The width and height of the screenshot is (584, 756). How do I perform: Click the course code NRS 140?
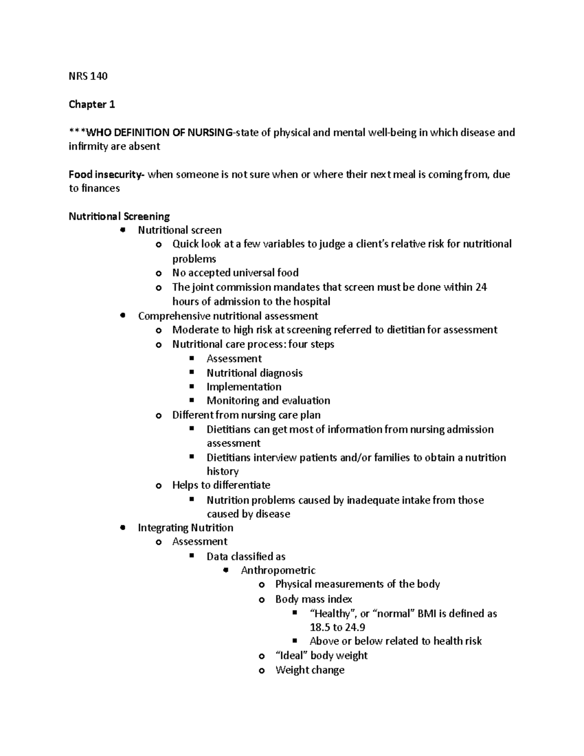88,76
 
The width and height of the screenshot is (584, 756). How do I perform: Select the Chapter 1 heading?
91,104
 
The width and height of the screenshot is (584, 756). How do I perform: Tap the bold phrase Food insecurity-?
107,174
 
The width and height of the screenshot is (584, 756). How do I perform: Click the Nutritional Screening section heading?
119,216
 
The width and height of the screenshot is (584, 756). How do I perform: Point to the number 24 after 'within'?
481,287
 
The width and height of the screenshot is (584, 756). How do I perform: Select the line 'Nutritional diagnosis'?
255,373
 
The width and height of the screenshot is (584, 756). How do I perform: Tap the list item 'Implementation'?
244,387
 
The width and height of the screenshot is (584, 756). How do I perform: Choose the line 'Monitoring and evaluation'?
268,401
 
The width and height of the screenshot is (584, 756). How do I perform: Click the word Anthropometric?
278,570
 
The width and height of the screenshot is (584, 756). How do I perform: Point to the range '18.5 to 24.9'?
337,627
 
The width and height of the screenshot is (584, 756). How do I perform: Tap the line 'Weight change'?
310,670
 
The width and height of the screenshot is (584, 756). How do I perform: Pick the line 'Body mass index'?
313,599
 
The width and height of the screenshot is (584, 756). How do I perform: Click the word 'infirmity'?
88,147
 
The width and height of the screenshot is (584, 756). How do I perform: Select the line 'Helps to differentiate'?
221,485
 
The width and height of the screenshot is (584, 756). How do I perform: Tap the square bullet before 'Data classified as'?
192,555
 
